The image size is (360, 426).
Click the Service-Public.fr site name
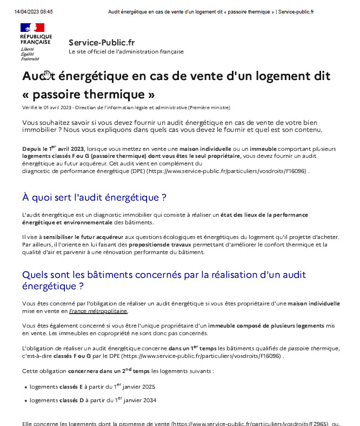tap(102, 42)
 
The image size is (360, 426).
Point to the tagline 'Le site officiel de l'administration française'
tap(126, 52)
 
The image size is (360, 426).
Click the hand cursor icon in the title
tap(48, 75)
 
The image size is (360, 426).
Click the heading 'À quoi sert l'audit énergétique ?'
tap(94, 197)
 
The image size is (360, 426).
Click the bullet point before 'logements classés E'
tap(26, 387)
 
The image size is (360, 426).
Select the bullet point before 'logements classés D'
tap(26, 401)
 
